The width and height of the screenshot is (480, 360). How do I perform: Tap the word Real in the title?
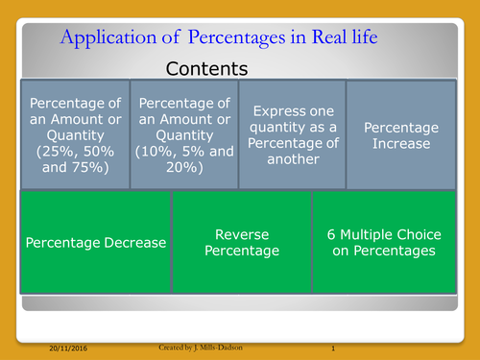(x=329, y=38)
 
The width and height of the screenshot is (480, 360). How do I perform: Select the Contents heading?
(x=206, y=69)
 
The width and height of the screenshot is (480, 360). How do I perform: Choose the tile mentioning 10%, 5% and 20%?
(x=182, y=133)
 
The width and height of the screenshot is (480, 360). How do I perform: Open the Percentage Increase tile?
(x=400, y=133)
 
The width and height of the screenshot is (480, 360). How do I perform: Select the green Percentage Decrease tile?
(x=95, y=242)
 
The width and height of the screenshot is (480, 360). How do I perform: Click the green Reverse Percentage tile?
(x=241, y=242)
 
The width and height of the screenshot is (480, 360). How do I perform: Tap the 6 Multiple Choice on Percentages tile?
(x=384, y=242)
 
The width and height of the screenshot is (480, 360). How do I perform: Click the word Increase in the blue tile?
(x=400, y=144)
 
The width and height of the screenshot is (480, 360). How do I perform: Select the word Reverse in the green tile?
(x=241, y=233)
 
